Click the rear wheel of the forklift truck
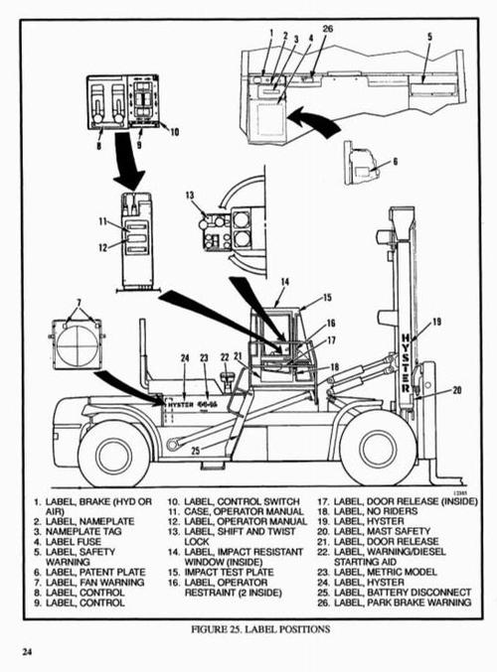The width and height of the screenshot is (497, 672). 113,453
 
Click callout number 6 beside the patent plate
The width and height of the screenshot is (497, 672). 395,161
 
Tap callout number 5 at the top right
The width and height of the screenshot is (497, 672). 429,37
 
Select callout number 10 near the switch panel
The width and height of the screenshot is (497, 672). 175,131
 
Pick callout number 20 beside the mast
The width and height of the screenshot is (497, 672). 456,390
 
